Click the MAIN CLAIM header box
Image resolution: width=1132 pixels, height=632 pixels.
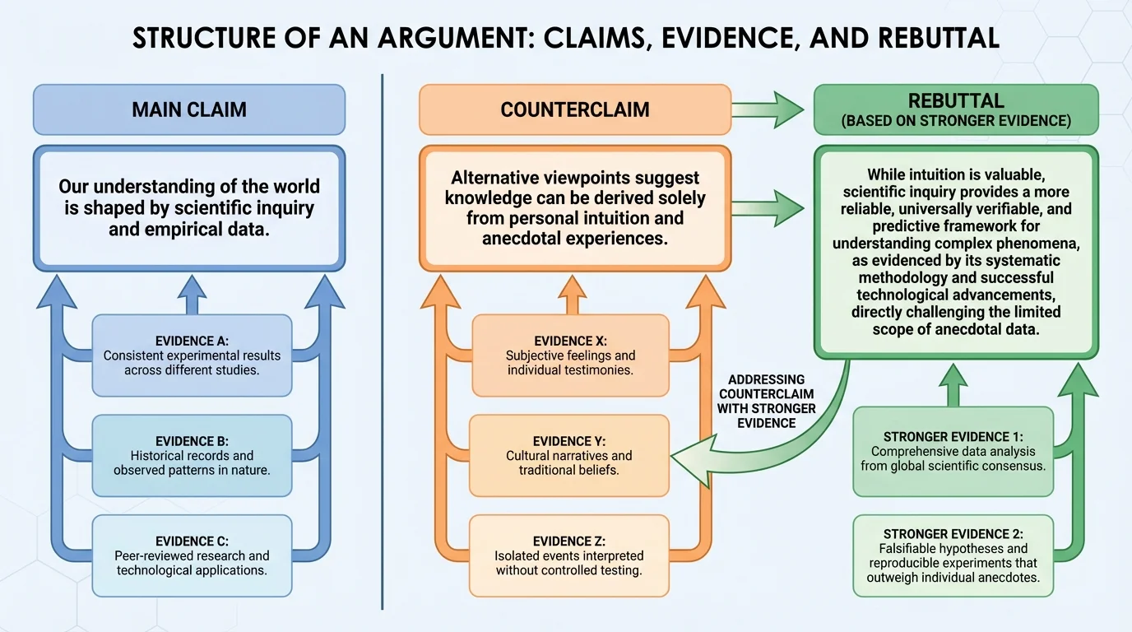[x=188, y=109]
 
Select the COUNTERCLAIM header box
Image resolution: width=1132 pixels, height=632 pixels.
[x=574, y=109]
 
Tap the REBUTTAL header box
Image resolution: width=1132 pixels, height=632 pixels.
[x=955, y=109]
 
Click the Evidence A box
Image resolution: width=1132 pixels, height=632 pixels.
[x=192, y=355]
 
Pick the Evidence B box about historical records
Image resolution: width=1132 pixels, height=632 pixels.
[x=192, y=455]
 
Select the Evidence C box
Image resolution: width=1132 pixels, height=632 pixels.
[x=192, y=555]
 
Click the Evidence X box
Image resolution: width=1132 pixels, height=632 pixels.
[x=570, y=355]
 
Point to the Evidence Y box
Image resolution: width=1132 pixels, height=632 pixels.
[x=568, y=455]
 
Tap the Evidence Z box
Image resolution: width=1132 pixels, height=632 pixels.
[x=568, y=555]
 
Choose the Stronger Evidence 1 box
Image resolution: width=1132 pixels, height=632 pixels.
[x=953, y=451]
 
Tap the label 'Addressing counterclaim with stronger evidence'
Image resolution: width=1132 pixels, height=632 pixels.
[x=766, y=401]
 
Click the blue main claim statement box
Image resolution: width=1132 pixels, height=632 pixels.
[x=188, y=208]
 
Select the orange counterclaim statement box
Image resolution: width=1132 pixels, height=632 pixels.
[x=574, y=208]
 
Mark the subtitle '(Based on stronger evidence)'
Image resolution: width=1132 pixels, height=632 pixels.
[x=955, y=121]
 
